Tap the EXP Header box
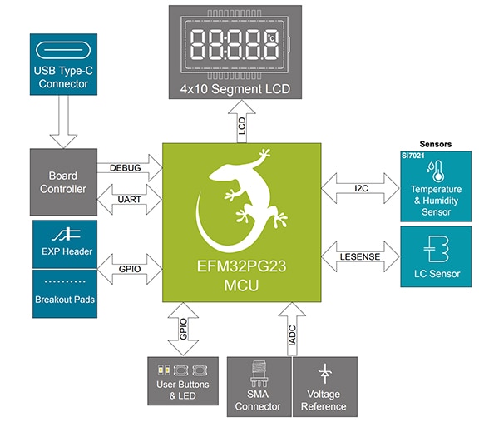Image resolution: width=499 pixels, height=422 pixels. pos(65,243)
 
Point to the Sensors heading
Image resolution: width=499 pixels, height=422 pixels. pos(436,144)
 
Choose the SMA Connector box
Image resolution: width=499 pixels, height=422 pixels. pos(258,386)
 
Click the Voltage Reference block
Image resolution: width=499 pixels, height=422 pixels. pos(324,386)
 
